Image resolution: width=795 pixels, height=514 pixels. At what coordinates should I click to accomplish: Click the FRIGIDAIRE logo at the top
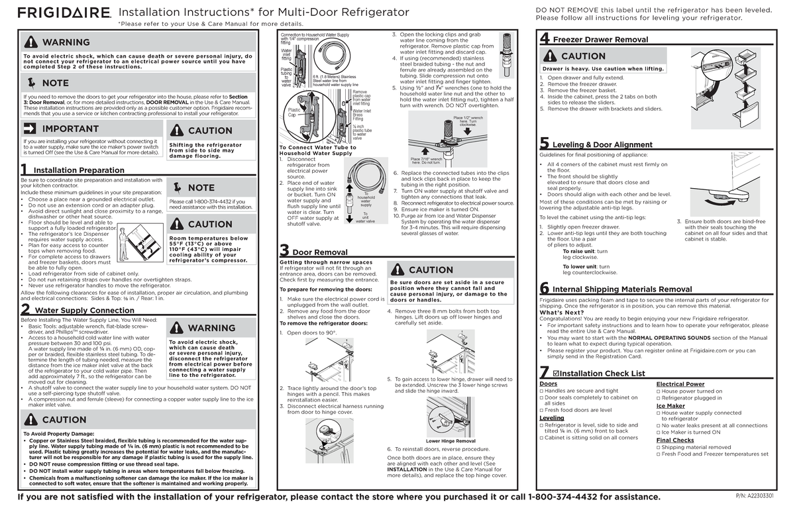coord(64,13)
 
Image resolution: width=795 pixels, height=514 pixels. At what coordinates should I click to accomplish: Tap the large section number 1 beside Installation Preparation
coord(25,169)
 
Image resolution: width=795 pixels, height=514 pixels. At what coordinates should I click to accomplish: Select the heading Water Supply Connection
coord(84,310)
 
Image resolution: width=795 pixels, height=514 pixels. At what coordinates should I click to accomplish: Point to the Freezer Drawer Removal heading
coord(600,40)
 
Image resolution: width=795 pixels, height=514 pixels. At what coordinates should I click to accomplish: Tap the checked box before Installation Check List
coord(556,374)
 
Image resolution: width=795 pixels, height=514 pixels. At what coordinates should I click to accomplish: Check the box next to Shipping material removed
coord(659,447)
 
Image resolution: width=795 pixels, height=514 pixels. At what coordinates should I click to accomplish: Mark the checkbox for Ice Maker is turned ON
coord(659,432)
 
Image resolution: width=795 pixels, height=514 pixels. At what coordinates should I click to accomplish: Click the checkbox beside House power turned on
coord(659,391)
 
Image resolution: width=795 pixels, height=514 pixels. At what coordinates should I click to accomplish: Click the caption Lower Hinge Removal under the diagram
coord(450,441)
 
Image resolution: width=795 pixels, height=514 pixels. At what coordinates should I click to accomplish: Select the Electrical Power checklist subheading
coord(680,384)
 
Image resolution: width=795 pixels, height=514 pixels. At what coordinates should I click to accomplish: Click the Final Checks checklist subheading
coord(674,440)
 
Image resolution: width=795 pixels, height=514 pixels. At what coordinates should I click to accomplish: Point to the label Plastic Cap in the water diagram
coord(291,112)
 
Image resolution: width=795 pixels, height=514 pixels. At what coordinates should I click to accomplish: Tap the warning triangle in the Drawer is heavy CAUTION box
coord(550,56)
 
